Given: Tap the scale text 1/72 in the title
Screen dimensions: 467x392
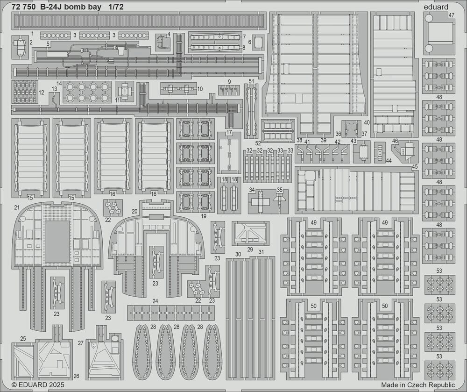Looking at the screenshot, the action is [115, 7].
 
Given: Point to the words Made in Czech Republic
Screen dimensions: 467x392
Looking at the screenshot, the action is [418, 385].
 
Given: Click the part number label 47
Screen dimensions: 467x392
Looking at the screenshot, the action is [452, 15].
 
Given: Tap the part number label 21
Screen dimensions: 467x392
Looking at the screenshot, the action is [17, 207].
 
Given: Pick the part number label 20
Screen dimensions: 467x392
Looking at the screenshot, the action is [134, 211].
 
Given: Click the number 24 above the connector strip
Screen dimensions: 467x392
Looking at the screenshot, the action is [155, 301].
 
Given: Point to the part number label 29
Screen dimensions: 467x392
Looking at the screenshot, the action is [250, 249].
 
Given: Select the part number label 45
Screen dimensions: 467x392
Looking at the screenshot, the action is [415, 167].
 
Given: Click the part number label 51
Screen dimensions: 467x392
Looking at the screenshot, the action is [251, 81].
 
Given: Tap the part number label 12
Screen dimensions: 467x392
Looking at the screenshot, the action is [42, 93].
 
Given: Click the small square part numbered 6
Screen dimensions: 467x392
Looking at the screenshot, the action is [260, 42].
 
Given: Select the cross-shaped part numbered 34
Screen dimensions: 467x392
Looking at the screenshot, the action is [260, 201].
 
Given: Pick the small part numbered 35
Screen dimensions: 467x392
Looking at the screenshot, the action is [279, 199].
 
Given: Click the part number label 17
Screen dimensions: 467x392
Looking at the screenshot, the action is [229, 132].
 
